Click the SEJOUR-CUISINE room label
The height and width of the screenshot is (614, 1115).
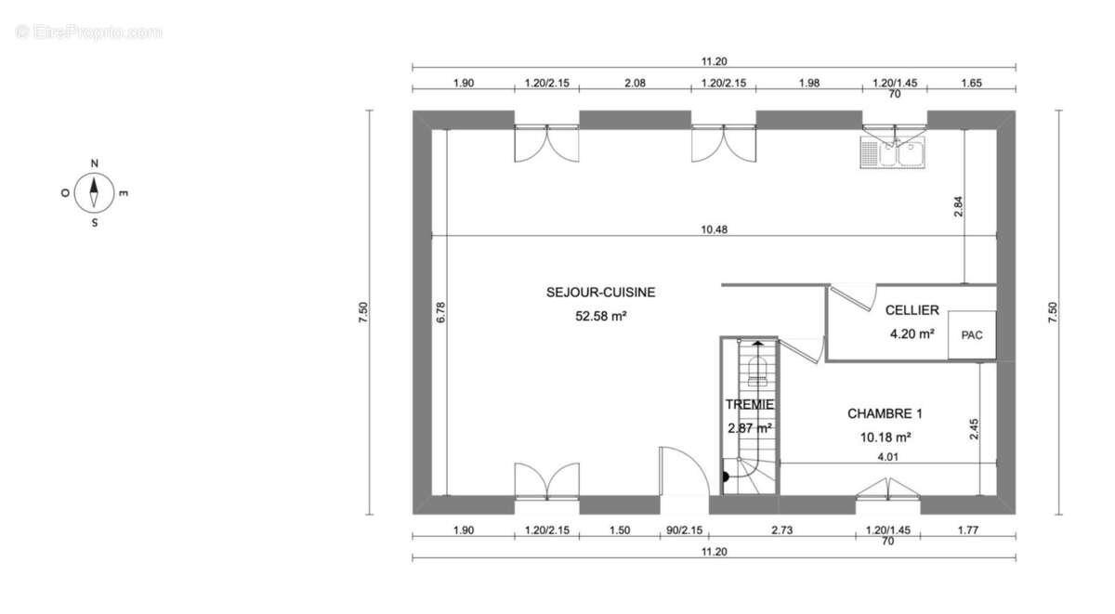tap(601, 292)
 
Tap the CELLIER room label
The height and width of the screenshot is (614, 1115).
tap(912, 310)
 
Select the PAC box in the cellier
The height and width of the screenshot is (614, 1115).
tap(972, 334)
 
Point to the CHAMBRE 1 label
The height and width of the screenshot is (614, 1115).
tap(885, 413)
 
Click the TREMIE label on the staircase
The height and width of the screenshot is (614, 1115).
tap(750, 404)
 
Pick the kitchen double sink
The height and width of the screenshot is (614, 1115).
tap(893, 152)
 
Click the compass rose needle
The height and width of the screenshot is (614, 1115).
tap(94, 192)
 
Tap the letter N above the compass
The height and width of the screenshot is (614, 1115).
tap(94, 163)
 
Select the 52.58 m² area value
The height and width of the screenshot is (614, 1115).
tap(601, 316)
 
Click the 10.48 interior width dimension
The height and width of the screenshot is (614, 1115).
tap(714, 229)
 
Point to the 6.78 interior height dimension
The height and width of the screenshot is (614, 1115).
tap(441, 312)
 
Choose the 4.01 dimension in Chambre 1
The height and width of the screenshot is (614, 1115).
tap(888, 457)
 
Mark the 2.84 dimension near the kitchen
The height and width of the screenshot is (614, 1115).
tap(958, 206)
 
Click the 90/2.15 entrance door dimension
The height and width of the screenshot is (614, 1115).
tap(685, 530)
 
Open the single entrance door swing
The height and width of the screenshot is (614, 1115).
tap(684, 471)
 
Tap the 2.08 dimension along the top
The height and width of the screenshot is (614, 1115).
tap(636, 83)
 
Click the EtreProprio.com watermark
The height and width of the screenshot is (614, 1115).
tap(88, 33)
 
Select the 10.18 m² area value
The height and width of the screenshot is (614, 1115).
tap(885, 438)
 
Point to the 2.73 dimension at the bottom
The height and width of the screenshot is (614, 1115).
tap(782, 530)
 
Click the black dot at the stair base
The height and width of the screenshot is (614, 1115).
tap(726, 477)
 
